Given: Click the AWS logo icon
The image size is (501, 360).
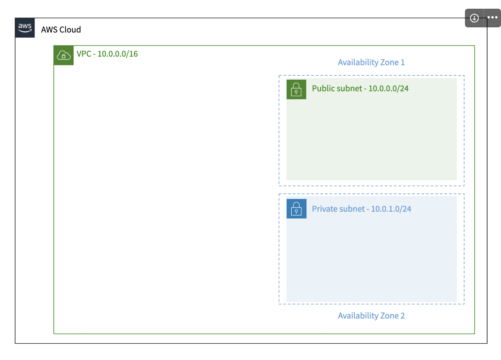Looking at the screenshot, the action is pos(25,28).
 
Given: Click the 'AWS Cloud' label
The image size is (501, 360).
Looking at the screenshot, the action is pos(61,30).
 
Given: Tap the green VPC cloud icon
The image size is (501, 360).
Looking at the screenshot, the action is pos(63,56).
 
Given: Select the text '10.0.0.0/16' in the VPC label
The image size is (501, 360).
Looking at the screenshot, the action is pos(118,54).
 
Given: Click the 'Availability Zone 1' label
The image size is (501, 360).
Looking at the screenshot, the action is pos(371,62).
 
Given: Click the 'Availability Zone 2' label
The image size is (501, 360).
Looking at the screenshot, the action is pos(371,316).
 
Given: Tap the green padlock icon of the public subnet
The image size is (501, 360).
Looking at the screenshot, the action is pos(296,89).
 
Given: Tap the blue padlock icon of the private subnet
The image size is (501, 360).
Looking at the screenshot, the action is pos(296,209).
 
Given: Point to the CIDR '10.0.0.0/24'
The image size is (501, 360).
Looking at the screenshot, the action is pos(388,88).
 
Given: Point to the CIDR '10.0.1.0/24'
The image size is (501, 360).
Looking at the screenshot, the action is pos(391,209).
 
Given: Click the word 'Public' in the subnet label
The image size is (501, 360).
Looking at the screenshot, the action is pos(323,88).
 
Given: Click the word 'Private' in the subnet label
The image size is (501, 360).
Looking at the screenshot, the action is pos(324,209).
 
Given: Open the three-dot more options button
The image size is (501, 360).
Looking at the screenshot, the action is pos(492,18).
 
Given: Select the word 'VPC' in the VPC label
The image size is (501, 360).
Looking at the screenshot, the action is pos(84,54).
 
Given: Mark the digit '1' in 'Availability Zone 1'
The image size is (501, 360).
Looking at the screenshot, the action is pos(403,62).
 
